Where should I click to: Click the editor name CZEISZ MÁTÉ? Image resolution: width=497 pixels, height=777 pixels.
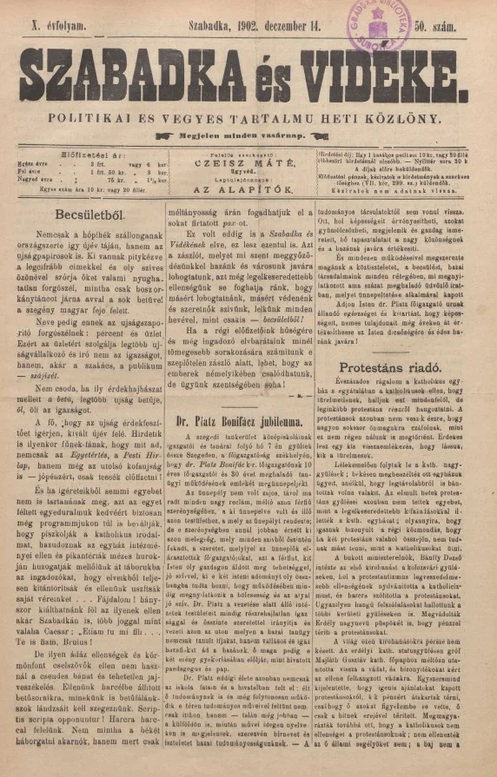tap(247, 171)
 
